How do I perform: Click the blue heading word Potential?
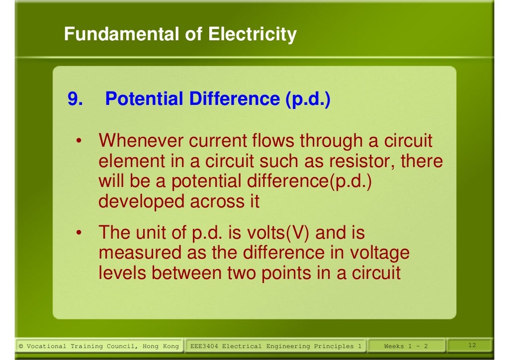tap(144, 99)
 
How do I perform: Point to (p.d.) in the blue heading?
tap(308, 99)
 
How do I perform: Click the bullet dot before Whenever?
tap(79, 142)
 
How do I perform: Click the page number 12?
tap(472, 345)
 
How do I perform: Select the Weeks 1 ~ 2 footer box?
tap(406, 346)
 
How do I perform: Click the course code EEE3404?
tap(205, 346)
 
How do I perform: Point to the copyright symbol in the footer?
tap(20, 346)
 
